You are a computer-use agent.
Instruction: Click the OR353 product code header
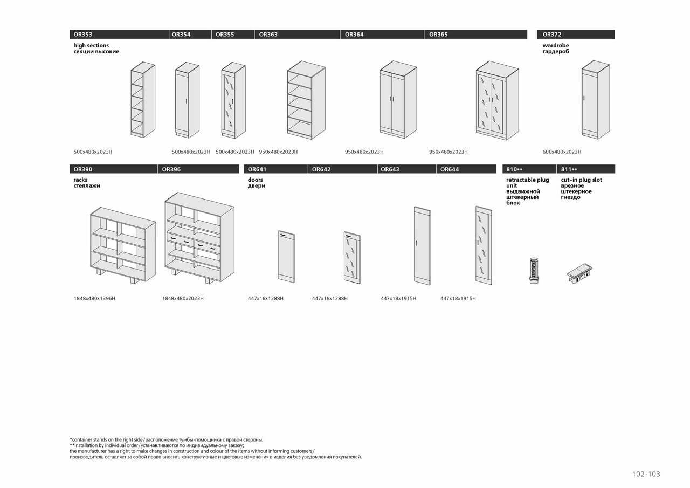(x=83, y=35)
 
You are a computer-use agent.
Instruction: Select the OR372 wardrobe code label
(x=552, y=35)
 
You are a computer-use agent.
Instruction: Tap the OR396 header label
(x=171, y=169)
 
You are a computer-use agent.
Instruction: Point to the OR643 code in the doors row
(x=390, y=169)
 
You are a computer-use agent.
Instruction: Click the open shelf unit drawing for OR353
(x=143, y=100)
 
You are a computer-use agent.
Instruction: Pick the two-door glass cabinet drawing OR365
(x=497, y=100)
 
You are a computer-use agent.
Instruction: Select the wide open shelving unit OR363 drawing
(x=306, y=100)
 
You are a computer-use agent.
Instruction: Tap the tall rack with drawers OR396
(x=199, y=238)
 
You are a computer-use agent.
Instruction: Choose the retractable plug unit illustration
(x=534, y=270)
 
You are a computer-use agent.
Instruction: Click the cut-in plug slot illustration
(x=579, y=273)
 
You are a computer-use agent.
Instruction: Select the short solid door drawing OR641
(x=286, y=257)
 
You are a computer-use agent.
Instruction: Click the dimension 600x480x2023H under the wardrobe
(x=562, y=152)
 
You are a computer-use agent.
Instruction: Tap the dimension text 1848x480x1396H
(x=94, y=298)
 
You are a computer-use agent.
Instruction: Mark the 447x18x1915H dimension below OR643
(x=398, y=298)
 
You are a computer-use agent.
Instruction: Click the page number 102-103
(x=646, y=474)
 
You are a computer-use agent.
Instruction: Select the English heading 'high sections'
(x=91, y=46)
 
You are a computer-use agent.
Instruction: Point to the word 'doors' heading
(x=256, y=180)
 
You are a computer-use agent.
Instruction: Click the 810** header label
(x=514, y=169)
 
